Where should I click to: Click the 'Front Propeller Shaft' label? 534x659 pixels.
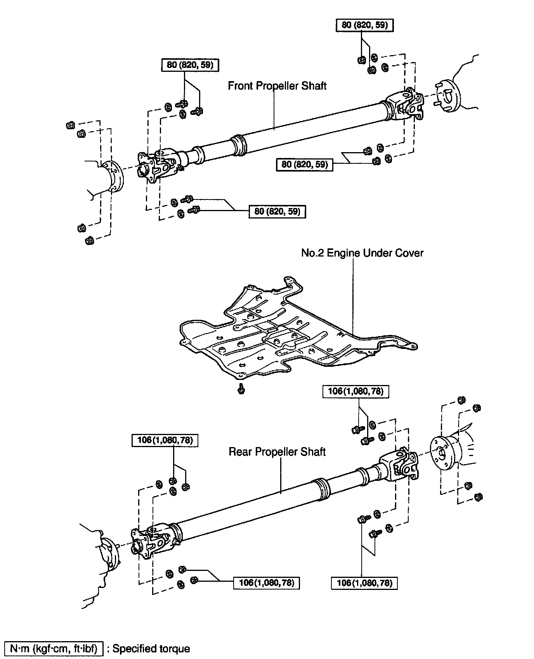coord(277,86)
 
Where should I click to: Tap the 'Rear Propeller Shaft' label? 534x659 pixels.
coord(277,452)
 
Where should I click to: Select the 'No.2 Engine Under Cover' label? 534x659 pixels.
coord(362,253)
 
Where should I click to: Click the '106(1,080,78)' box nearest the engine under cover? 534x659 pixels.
coord(355,391)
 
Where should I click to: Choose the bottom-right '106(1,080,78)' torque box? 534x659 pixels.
coord(364,583)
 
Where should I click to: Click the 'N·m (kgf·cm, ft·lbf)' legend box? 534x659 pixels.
coord(54,649)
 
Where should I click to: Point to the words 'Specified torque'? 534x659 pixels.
coord(151,649)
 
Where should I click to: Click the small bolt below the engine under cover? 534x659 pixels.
coord(241,388)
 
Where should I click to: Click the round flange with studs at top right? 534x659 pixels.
coord(447,96)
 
